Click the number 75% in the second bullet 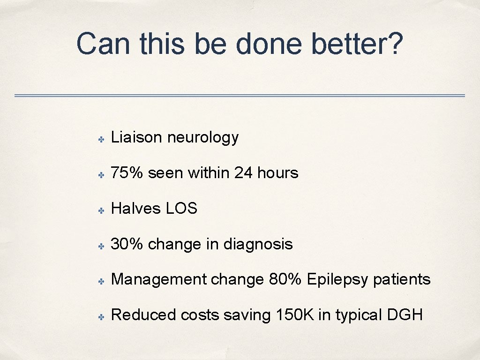pyautogui.click(x=127, y=173)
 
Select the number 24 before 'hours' pyautogui.click(x=243, y=173)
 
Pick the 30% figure pyautogui.click(x=127, y=244)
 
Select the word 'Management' pyautogui.click(x=159, y=280)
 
